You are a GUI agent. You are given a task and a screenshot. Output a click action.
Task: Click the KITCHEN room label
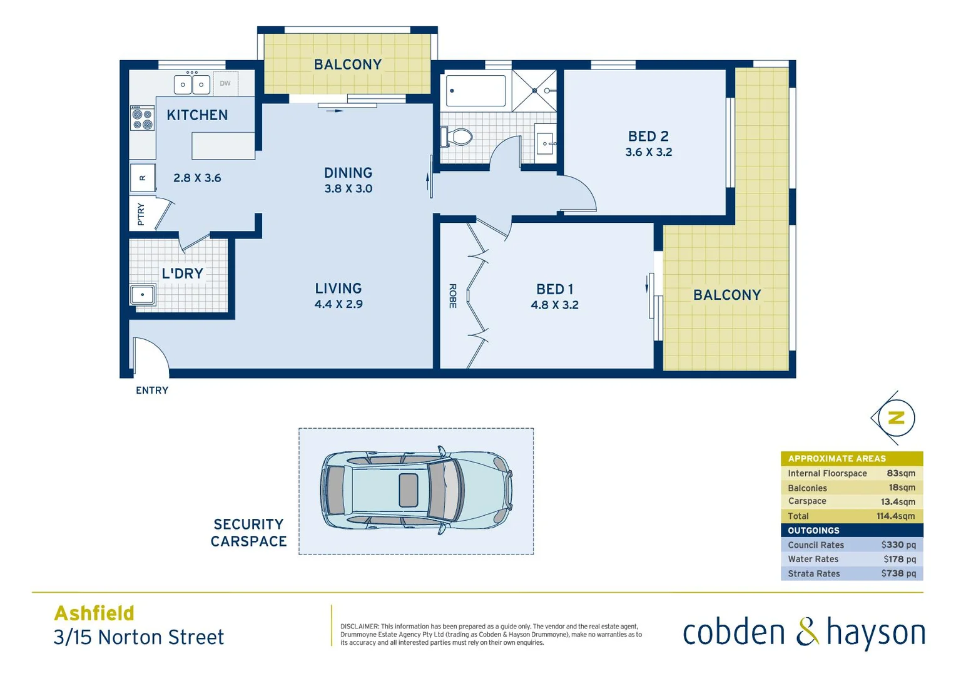pos(197,115)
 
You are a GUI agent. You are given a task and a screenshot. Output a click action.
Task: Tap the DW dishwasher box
pos(225,83)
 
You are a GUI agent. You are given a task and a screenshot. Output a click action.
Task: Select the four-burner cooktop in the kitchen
pos(142,118)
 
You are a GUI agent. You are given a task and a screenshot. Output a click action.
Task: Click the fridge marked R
pos(143,178)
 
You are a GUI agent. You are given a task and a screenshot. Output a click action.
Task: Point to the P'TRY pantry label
pos(141,214)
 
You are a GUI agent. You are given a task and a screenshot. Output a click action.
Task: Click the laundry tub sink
pos(143,294)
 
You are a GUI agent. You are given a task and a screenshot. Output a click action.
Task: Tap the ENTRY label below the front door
pos(152,391)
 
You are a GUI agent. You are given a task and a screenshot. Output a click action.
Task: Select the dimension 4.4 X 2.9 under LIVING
pos(338,305)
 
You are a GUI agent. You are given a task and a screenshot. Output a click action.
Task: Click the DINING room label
pos(348,173)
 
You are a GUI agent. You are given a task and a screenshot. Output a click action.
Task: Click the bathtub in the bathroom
pos(475,91)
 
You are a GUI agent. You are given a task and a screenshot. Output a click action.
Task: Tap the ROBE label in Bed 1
pos(452,296)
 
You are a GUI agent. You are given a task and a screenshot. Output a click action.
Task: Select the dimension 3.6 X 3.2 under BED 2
pos(649,152)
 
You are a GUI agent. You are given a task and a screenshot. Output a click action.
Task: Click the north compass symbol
pos(895,418)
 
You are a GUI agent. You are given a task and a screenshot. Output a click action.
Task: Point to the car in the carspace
pos(416,491)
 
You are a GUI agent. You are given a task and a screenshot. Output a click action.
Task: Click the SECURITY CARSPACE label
pos(248,533)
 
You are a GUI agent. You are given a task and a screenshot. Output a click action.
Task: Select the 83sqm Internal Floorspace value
pos(901,473)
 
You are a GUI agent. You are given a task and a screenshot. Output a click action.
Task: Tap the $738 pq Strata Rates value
pos(898,573)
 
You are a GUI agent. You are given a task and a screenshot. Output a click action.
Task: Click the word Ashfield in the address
pos(94,613)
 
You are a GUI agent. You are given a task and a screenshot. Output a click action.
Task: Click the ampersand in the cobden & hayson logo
pos(807,632)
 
